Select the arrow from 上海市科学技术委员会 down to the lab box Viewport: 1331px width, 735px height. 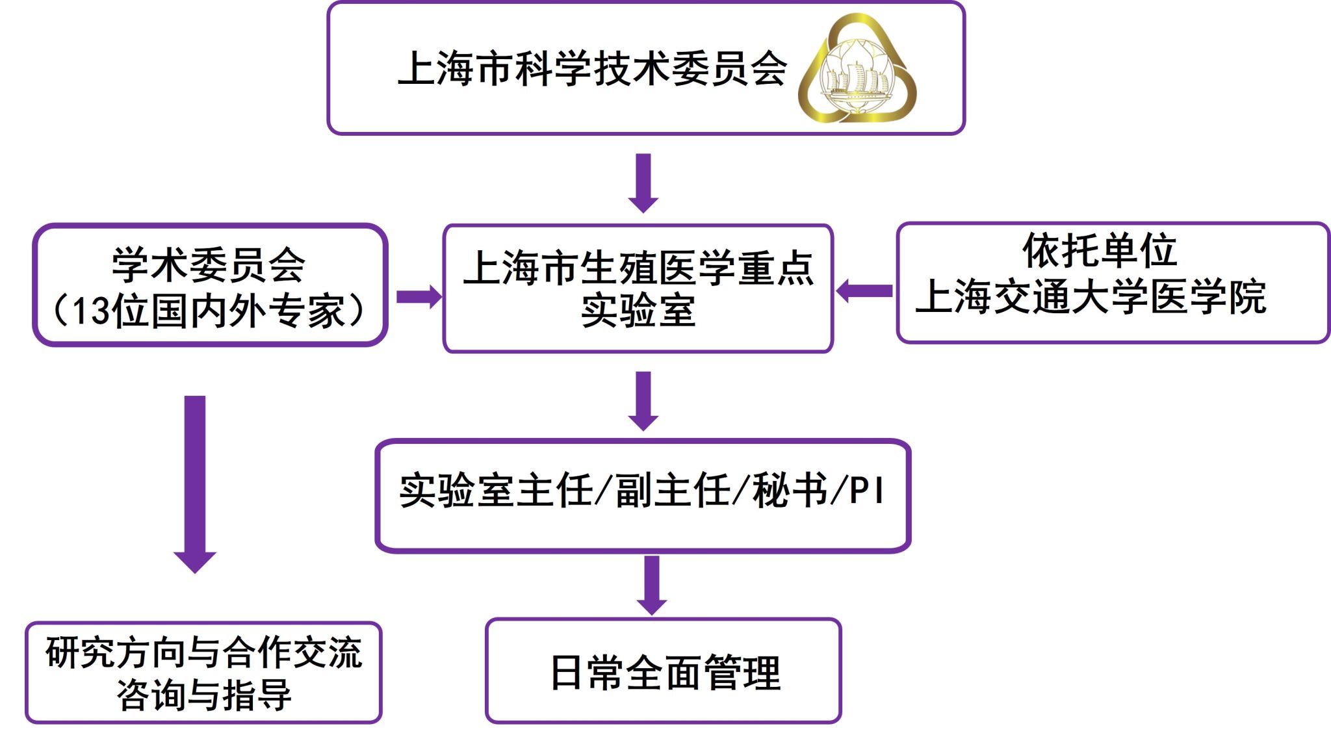click(643, 182)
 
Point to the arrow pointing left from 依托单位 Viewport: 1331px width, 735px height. click(864, 290)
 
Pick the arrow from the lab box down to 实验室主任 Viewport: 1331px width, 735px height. click(643, 400)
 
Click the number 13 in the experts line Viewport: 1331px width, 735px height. click(89, 311)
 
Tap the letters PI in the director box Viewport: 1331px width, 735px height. click(866, 491)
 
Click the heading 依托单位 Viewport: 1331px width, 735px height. click(1100, 251)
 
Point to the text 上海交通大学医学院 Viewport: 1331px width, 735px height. click(1091, 298)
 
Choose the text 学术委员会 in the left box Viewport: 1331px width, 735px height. click(209, 264)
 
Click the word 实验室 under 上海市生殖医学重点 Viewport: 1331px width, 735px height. click(638, 311)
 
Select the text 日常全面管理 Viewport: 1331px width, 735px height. click(665, 673)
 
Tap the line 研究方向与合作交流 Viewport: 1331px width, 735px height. click(203, 652)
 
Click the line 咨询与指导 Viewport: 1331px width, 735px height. click(203, 695)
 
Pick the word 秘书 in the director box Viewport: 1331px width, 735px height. click(790, 491)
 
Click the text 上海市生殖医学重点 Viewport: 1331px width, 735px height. click(638, 268)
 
